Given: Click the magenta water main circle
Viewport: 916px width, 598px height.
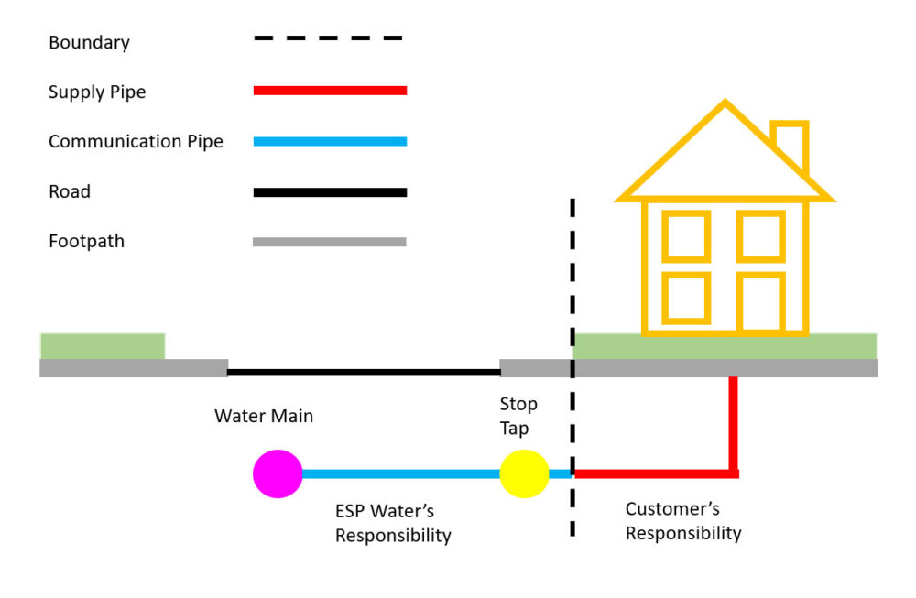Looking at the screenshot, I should coord(278,474).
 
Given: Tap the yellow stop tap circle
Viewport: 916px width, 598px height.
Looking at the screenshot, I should coord(524,474).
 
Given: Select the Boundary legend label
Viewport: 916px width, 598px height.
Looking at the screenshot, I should coord(89,42).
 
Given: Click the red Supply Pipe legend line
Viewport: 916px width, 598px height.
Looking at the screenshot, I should coord(329,91).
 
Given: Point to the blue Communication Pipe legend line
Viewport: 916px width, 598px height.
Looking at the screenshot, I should coord(329,141).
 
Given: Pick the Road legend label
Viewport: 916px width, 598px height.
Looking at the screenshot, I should coord(70,191).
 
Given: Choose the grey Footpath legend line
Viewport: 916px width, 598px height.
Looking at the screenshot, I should coord(329,242).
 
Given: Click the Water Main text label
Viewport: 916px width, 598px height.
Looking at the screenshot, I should coord(264,416).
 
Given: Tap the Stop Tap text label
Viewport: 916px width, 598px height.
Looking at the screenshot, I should coord(518,416).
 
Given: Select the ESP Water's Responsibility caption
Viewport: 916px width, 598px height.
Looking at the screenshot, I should coord(393,523).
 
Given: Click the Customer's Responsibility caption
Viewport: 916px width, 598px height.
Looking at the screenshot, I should coord(683,521).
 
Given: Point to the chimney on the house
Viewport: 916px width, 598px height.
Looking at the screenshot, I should coord(790,147).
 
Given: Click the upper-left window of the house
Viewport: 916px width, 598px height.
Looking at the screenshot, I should coord(686,235).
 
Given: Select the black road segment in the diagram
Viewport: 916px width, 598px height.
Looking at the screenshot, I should coord(364,373).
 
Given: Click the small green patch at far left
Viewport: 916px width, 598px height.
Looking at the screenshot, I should coord(102,346).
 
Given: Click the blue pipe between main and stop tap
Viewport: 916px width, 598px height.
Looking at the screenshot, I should coord(400,474).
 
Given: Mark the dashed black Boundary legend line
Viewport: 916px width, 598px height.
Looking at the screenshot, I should coord(329,38).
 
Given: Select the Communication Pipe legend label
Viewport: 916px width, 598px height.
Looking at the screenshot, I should coord(136,141).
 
